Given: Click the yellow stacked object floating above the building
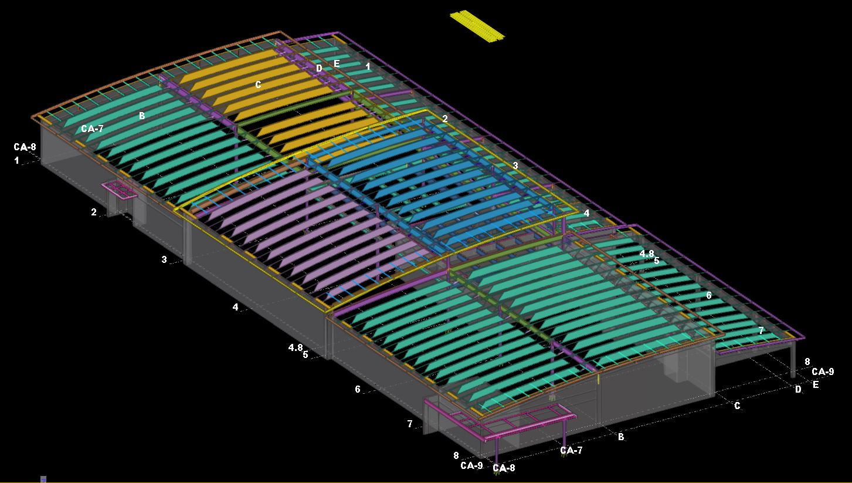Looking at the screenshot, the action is tap(477, 26).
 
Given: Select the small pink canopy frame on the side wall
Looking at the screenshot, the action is tap(120, 190).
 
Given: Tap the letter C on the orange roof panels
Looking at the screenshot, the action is tap(258, 85).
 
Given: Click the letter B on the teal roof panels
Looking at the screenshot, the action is tap(142, 116).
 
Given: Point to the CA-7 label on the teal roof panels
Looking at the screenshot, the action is tap(92, 129).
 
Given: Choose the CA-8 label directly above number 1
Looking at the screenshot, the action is tap(25, 147).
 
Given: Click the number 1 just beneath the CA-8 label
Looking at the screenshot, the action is tap(17, 161).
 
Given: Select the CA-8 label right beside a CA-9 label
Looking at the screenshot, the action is tap(504, 468).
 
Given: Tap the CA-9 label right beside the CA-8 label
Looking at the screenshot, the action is tap(471, 465).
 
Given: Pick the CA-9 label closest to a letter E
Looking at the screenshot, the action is tap(823, 371).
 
